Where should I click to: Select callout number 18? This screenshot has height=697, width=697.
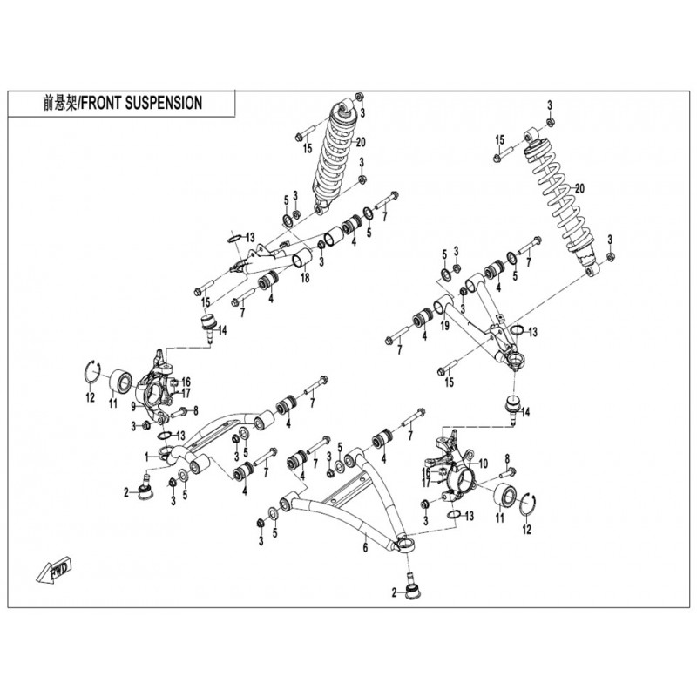pyautogui.click(x=304, y=278)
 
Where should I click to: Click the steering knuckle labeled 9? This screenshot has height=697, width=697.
pyautogui.click(x=157, y=388)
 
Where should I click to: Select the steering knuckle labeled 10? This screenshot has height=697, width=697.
pyautogui.click(x=457, y=470)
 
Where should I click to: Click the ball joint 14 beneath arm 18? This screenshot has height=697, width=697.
pyautogui.click(x=209, y=325)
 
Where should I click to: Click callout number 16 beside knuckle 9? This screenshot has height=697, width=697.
pyautogui.click(x=186, y=382)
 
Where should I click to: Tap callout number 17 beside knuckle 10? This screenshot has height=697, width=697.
pyautogui.click(x=427, y=481)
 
